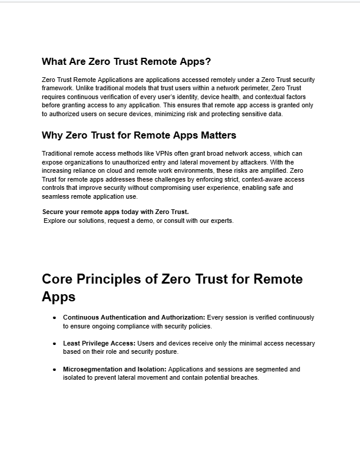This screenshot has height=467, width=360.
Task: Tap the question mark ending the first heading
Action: [208, 61]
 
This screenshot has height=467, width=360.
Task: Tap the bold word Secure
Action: [54, 211]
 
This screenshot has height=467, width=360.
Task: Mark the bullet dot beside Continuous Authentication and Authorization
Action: [55, 318]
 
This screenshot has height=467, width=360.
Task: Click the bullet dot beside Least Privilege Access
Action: [55, 343]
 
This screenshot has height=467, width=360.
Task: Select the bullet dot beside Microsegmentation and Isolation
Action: [55, 370]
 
